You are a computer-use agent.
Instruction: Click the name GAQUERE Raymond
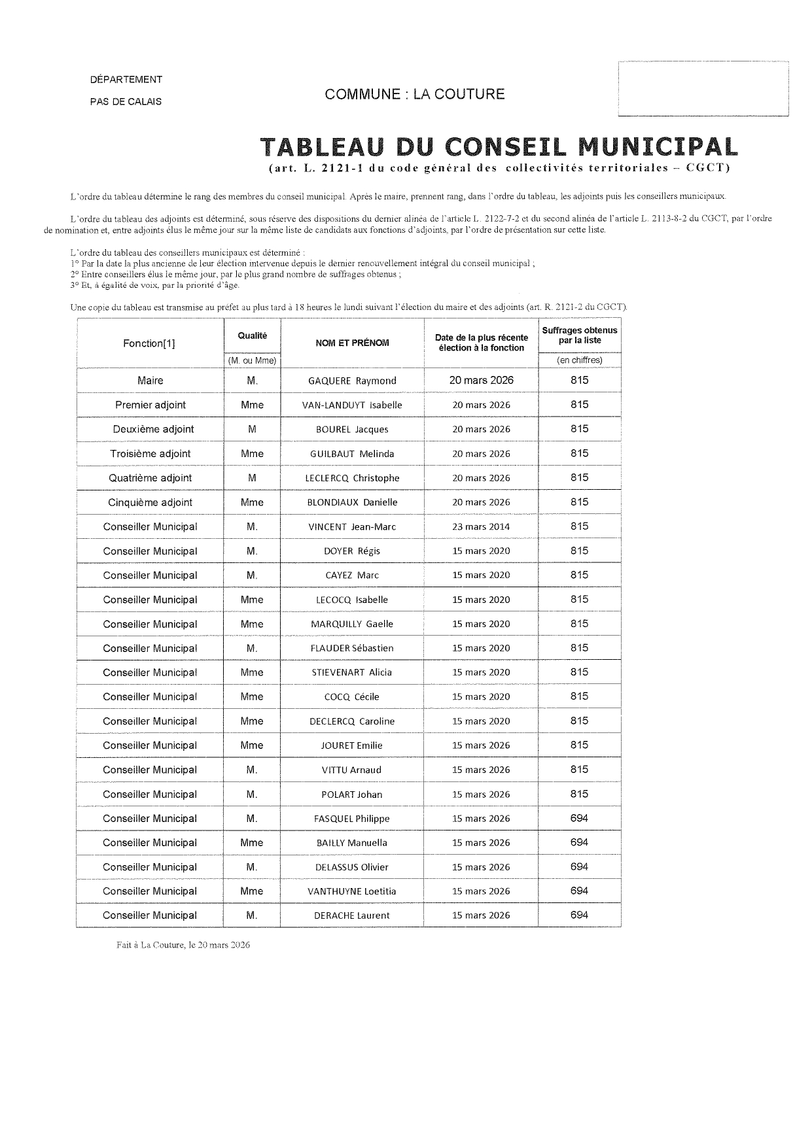click(x=352, y=381)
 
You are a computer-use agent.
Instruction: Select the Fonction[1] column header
click(x=149, y=343)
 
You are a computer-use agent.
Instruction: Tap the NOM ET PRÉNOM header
click(x=352, y=343)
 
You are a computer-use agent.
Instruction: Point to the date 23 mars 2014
click(x=481, y=526)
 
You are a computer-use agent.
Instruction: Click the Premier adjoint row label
click(x=150, y=405)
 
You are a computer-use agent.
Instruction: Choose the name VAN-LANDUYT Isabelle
click(x=352, y=405)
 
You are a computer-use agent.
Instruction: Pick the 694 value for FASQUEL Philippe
click(x=579, y=818)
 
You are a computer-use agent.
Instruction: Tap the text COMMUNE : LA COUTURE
click(x=415, y=94)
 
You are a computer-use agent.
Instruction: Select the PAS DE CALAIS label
click(x=126, y=101)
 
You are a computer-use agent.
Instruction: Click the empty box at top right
click(x=703, y=88)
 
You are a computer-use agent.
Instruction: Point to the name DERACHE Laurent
click(x=352, y=916)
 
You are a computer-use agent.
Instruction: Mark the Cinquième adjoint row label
click(x=150, y=502)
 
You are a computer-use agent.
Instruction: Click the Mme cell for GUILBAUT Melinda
click(x=252, y=453)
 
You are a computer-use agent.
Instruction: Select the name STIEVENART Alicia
click(x=352, y=672)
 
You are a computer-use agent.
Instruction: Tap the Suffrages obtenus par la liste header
click(x=579, y=335)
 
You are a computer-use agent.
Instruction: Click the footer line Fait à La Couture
click(x=183, y=945)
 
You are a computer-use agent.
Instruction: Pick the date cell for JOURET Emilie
click(x=481, y=745)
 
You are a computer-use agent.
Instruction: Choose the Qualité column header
click(x=252, y=335)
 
